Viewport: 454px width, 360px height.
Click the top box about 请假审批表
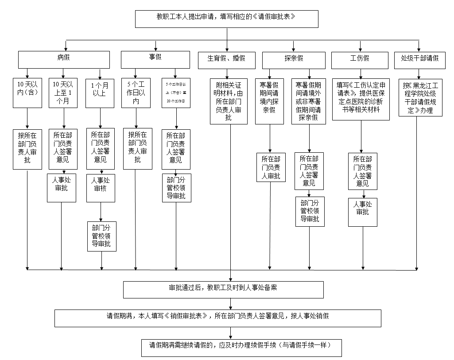pos(226,18)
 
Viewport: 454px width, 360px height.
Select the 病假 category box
pos(64,59)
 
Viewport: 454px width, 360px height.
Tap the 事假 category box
pos(155,59)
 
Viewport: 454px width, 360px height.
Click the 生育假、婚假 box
pos(227,59)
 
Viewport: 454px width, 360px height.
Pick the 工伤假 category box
pos(360,59)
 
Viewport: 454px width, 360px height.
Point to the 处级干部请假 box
pos(419,59)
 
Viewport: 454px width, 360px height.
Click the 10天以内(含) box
pos(27,93)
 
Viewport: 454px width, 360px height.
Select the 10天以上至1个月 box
pos(62,93)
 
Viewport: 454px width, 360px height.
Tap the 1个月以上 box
pos(101,93)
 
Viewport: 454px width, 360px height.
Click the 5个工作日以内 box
pos(136,93)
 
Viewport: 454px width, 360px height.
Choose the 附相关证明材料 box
pos(229,101)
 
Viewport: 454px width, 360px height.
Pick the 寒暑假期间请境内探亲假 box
pos(270,101)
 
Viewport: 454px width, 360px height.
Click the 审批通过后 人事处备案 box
pos(223,289)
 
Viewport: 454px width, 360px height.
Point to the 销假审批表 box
pos(217,318)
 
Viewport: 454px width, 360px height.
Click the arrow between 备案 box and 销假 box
pos(230,304)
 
